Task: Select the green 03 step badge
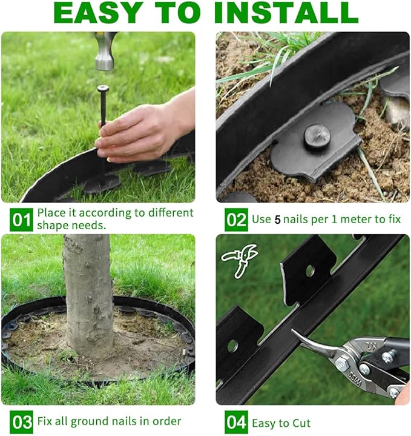[x=21, y=421]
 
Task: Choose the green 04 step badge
[x=235, y=421]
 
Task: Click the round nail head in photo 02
[x=316, y=136]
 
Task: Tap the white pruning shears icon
[x=238, y=260]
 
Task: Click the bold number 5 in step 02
[x=277, y=220]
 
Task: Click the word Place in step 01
[x=51, y=213]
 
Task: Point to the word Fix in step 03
[x=45, y=421]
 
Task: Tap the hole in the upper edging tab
[x=310, y=271]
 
